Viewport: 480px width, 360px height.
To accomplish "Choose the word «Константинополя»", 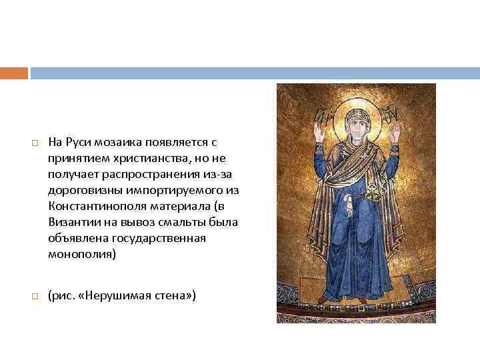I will (x=93, y=206).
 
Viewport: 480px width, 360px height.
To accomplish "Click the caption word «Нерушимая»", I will (x=113, y=294).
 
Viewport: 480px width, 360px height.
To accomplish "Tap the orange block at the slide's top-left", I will (x=14, y=73).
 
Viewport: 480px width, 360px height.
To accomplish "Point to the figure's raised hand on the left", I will (x=319, y=131).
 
